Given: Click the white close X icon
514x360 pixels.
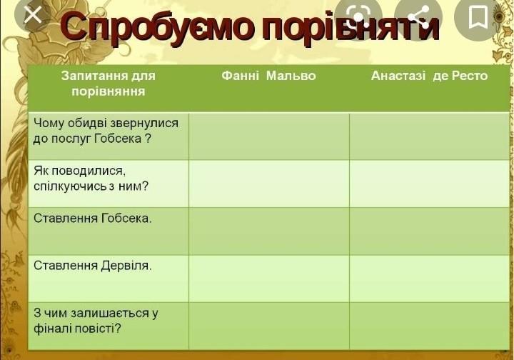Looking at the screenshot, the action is click(x=33, y=14).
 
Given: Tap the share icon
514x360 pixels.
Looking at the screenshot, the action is click(x=418, y=16).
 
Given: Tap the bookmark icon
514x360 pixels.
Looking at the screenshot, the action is click(x=478, y=16).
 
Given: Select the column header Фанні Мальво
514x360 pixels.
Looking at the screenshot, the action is click(x=268, y=76).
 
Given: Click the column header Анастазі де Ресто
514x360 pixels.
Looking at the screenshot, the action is click(x=430, y=76).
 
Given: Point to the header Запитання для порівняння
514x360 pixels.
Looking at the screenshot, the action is click(x=109, y=84).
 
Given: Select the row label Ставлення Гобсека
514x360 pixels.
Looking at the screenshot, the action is click(x=93, y=218).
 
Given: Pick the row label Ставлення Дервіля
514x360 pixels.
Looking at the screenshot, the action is click(x=93, y=265).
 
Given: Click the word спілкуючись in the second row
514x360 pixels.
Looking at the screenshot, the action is click(x=70, y=186).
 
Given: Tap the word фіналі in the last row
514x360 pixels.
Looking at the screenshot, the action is click(x=53, y=328).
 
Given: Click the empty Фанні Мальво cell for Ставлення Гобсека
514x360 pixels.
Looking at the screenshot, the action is click(x=269, y=231).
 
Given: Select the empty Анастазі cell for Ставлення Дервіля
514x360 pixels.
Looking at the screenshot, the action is click(x=430, y=279).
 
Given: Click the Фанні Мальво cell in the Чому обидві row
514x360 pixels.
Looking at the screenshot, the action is click(x=269, y=136).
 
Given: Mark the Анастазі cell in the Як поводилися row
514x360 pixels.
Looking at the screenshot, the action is click(x=430, y=184).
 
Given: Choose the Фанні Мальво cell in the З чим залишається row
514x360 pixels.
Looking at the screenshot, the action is click(x=269, y=326).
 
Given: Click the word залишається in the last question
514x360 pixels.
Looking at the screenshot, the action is click(x=110, y=313).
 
